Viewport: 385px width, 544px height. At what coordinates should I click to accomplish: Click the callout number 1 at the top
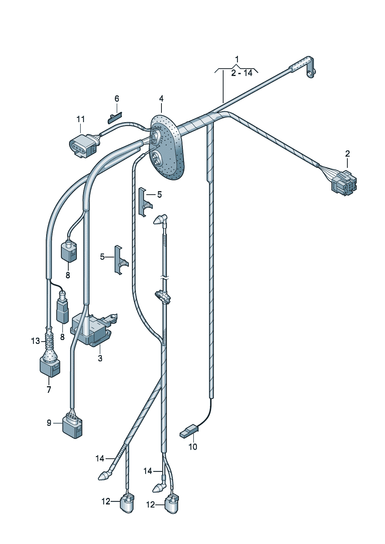click(237, 60)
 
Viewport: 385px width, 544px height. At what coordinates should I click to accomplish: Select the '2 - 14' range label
click(241, 73)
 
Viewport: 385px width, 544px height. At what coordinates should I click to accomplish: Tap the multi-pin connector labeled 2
click(344, 182)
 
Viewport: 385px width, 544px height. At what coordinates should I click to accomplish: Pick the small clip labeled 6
click(114, 117)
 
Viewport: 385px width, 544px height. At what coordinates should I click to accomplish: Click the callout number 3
click(100, 358)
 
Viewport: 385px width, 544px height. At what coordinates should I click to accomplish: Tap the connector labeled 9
click(73, 426)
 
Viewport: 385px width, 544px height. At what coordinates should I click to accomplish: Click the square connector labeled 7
click(50, 366)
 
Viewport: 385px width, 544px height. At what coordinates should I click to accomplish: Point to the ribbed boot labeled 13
click(49, 341)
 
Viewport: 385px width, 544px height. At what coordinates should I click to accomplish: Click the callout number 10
click(193, 447)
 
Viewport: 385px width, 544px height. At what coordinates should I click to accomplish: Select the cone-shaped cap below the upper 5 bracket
click(159, 221)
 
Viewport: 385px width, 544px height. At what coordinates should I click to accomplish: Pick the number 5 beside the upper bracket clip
click(159, 194)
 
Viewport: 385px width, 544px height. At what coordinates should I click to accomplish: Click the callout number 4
click(161, 99)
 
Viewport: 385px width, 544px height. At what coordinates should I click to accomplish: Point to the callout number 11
click(80, 119)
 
